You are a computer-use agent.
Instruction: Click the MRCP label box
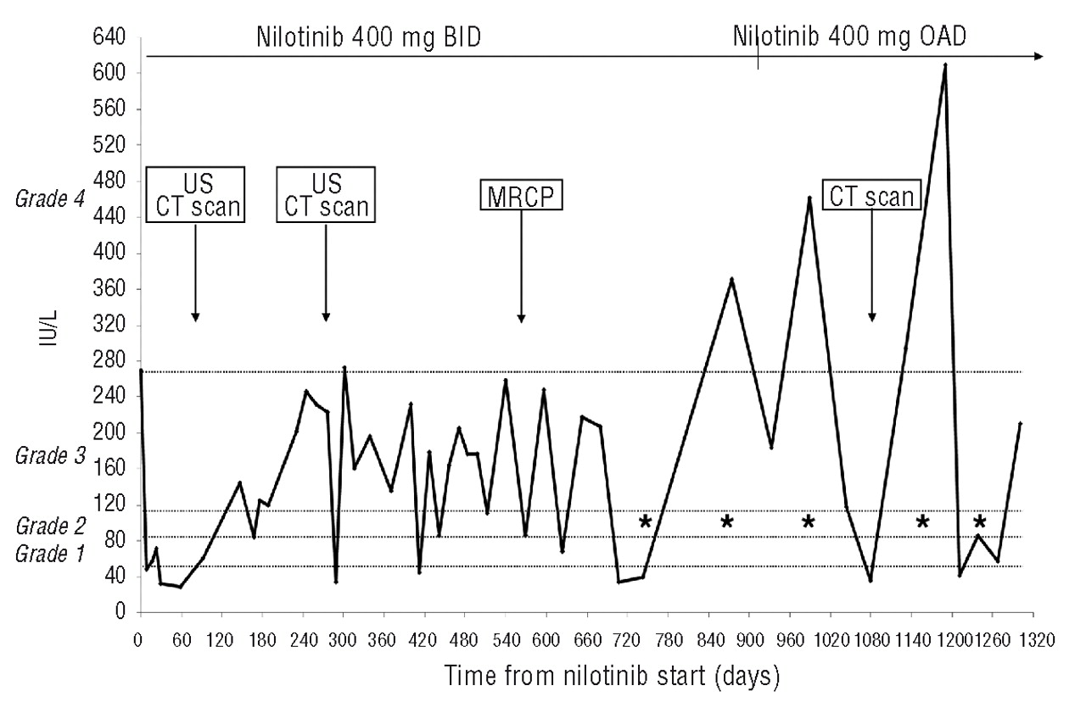pos(521,197)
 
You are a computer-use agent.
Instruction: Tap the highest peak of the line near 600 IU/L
pos(944,64)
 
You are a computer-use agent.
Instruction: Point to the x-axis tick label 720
pos(627,641)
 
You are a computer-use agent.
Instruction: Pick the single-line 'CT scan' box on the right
pos(871,197)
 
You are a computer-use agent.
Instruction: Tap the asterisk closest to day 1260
pos(980,522)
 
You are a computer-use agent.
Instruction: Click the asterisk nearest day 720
pos(645,522)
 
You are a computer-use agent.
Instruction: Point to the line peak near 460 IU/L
pos(809,198)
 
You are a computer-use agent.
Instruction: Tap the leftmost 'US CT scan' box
pos(195,194)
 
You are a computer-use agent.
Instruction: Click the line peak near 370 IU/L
pos(731,279)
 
